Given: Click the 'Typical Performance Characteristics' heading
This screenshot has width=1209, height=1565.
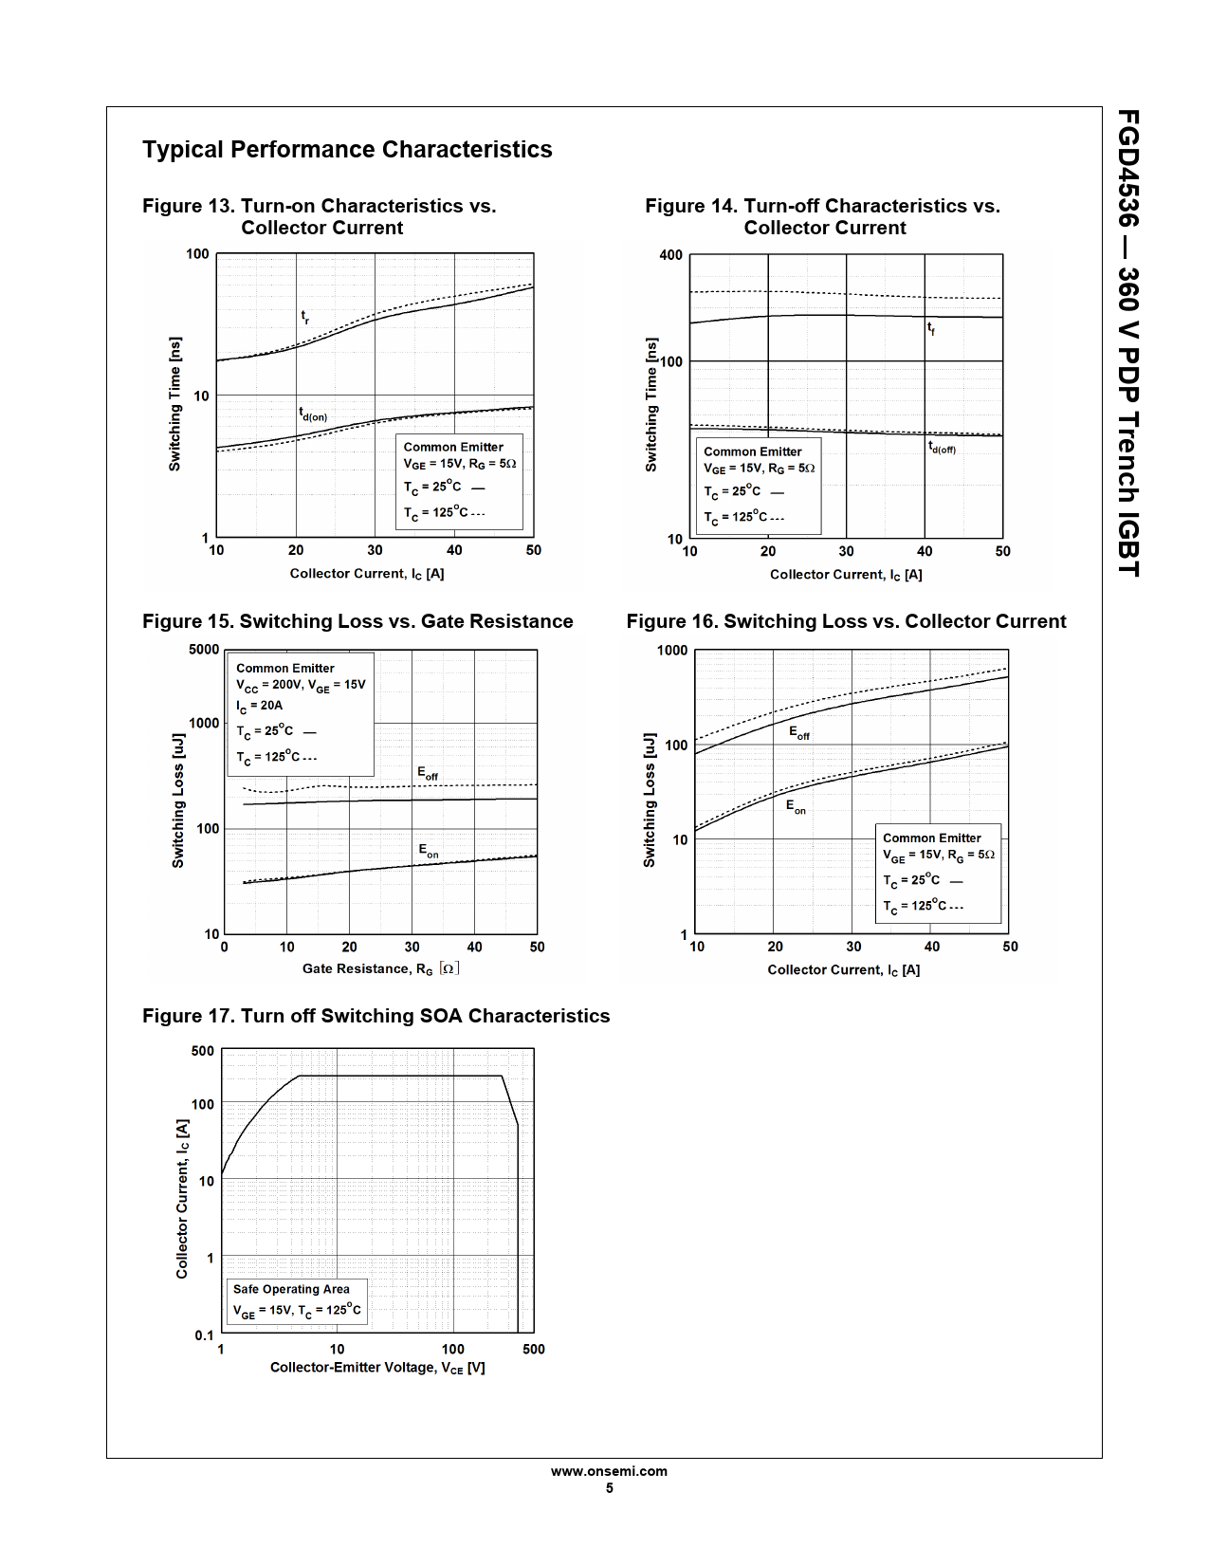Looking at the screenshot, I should [347, 150].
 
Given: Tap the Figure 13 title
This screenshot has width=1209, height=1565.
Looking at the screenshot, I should [319, 216].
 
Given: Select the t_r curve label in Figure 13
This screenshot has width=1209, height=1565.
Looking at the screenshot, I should [304, 318].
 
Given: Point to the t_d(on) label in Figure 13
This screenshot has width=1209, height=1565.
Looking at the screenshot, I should [313, 414].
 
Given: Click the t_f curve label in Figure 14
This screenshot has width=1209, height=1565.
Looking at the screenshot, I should [931, 329].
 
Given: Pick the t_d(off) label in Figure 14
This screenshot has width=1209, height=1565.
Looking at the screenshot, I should [942, 448].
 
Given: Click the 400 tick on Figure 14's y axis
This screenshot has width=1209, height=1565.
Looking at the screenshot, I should [670, 255].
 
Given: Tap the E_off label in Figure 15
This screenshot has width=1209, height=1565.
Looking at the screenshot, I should [428, 774].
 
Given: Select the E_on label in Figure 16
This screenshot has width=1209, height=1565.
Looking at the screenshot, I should [796, 807].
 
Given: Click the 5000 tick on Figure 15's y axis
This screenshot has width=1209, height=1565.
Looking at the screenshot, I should [204, 650].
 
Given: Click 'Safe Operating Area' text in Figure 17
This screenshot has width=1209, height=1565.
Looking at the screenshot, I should [291, 1289].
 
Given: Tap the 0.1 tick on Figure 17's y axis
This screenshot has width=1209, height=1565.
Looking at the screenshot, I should [205, 1335].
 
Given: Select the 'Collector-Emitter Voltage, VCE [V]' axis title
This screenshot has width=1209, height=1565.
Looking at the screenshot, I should [377, 1368].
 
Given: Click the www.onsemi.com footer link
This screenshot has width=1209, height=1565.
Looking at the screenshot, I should [609, 1471].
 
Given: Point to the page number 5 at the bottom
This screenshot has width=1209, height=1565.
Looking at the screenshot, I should [609, 1488].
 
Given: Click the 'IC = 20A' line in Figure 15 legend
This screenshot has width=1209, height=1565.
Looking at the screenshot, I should [259, 706].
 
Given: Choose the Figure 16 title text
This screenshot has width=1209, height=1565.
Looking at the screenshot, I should [846, 621].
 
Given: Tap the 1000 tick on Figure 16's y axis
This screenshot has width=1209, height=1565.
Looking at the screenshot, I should [672, 651].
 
